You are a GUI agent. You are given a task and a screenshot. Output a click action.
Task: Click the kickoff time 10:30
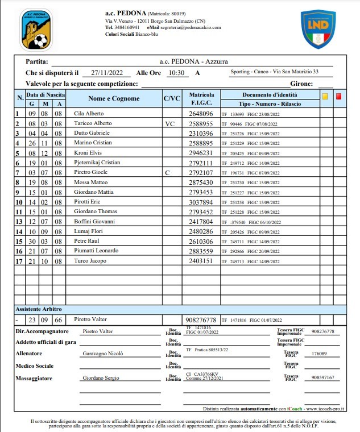[x=177, y=73]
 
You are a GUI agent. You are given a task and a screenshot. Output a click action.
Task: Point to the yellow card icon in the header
[x=325, y=97]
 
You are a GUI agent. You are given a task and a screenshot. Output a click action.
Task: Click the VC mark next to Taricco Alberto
[x=169, y=123]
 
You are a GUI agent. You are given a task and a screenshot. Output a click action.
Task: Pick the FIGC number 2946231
[x=201, y=153]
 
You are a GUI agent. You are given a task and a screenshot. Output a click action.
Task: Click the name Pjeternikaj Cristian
[x=97, y=163]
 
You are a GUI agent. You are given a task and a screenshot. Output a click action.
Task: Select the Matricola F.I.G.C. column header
[x=201, y=98]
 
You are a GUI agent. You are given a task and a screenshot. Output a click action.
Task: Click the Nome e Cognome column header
[x=114, y=99]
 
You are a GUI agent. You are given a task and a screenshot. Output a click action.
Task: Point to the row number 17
[x=18, y=261]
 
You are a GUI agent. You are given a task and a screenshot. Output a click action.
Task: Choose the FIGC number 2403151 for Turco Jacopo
[x=201, y=261]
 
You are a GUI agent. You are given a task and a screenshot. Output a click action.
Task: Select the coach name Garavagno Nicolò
[x=103, y=353]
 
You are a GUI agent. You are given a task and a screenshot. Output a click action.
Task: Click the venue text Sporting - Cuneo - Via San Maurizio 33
[x=274, y=72]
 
